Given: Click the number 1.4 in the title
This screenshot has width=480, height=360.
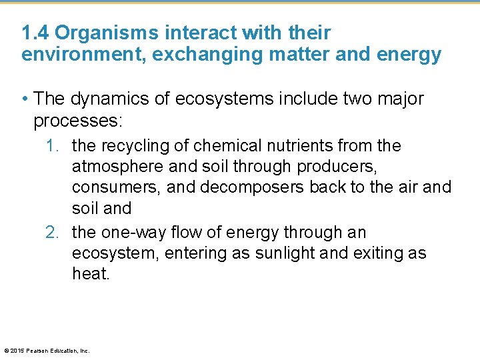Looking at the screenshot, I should coord(35,33).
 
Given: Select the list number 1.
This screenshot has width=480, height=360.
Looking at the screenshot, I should coord(53,145).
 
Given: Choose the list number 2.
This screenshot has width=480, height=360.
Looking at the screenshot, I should coord(53,233).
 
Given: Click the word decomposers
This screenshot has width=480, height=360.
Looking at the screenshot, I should coord(236,187).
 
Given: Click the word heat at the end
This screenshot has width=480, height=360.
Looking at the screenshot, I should coord(90,274).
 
